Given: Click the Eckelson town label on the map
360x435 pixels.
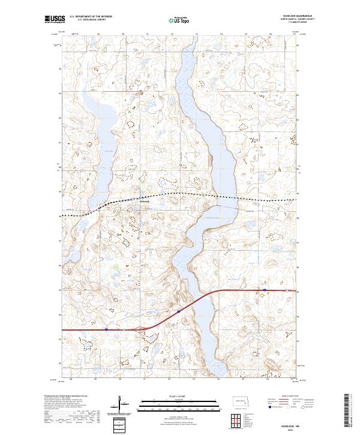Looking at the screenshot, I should (144, 202).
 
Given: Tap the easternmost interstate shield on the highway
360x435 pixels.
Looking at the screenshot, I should (264, 290).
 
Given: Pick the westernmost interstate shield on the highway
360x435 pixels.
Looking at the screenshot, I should (107, 329).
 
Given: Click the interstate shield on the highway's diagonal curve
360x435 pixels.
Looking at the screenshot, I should (178, 311).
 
